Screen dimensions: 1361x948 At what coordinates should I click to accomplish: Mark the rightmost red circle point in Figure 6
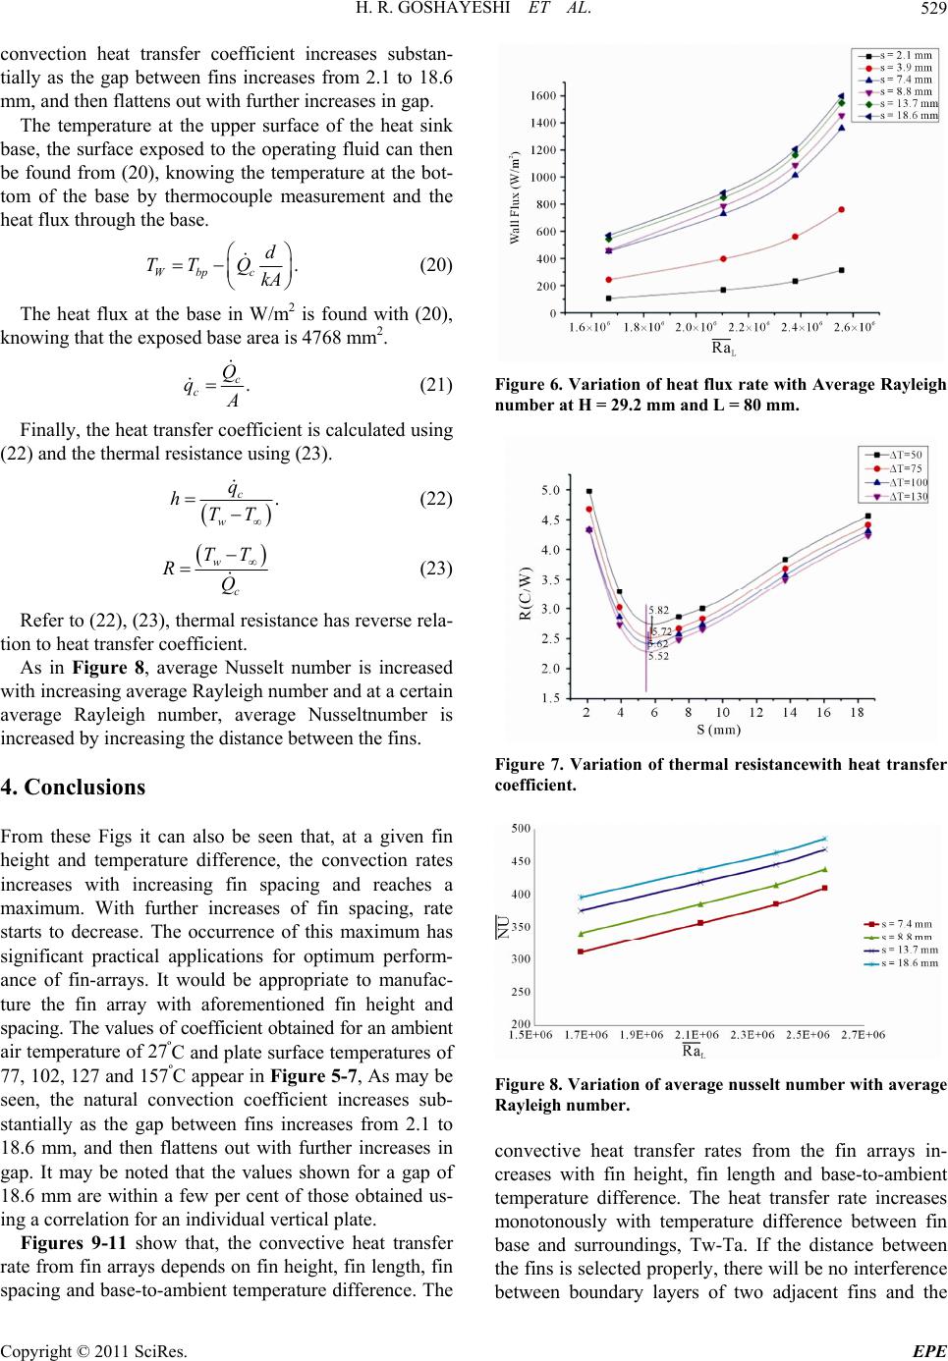pos(842,209)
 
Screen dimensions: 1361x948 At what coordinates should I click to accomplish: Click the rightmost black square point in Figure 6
pos(842,270)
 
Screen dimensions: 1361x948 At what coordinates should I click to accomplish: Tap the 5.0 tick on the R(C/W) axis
pos(552,489)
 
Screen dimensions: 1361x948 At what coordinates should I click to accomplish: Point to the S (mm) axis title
pos(714,729)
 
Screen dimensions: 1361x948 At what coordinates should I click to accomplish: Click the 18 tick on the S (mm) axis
pos(857,711)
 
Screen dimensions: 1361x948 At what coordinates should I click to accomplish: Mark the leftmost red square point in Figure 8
pos(582,952)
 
